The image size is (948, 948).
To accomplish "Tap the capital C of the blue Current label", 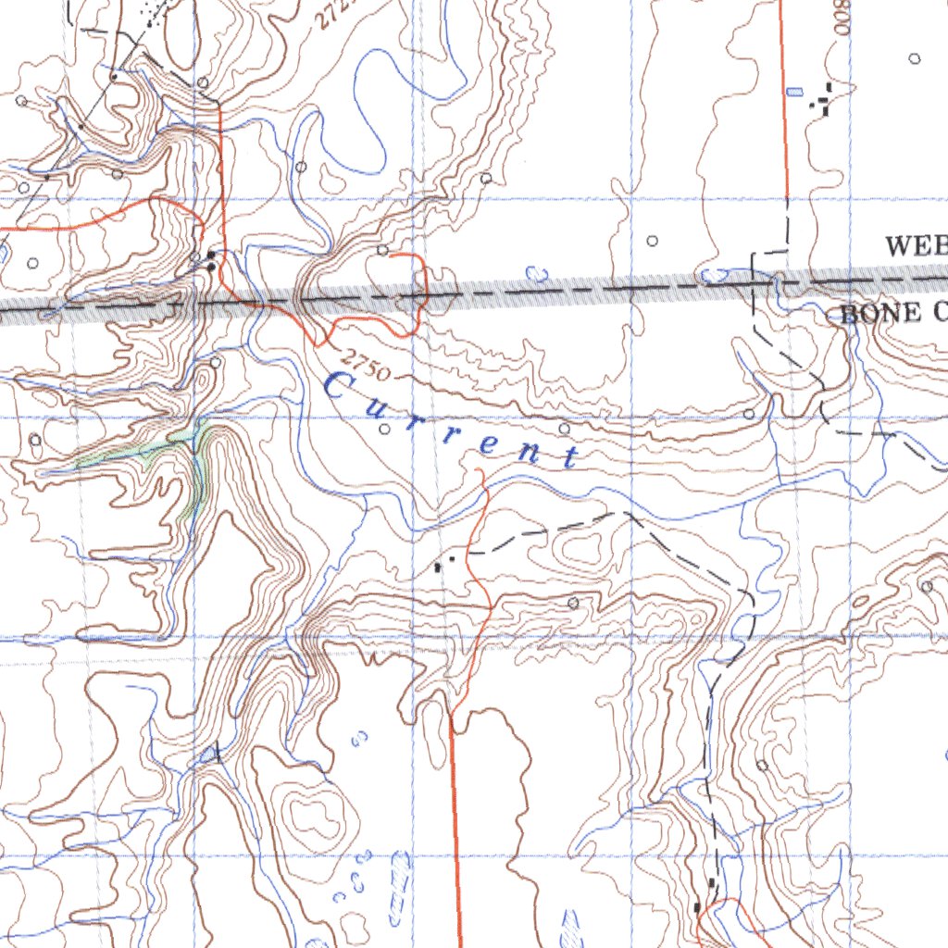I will pos(340,386).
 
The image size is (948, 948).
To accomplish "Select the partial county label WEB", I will pos(915,246).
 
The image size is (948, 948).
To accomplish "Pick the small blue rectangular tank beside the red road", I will pos(793,92).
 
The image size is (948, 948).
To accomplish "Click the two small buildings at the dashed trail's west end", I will pos(445,561).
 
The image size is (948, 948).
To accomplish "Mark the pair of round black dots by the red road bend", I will pos(212,260).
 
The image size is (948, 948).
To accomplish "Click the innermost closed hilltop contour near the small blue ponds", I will pos(314,813).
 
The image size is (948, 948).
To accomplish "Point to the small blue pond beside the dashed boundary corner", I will pos(714,275).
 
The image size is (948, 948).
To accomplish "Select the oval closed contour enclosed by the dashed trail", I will pos(578,551).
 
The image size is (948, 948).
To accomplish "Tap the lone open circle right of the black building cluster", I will pos(915,58).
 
